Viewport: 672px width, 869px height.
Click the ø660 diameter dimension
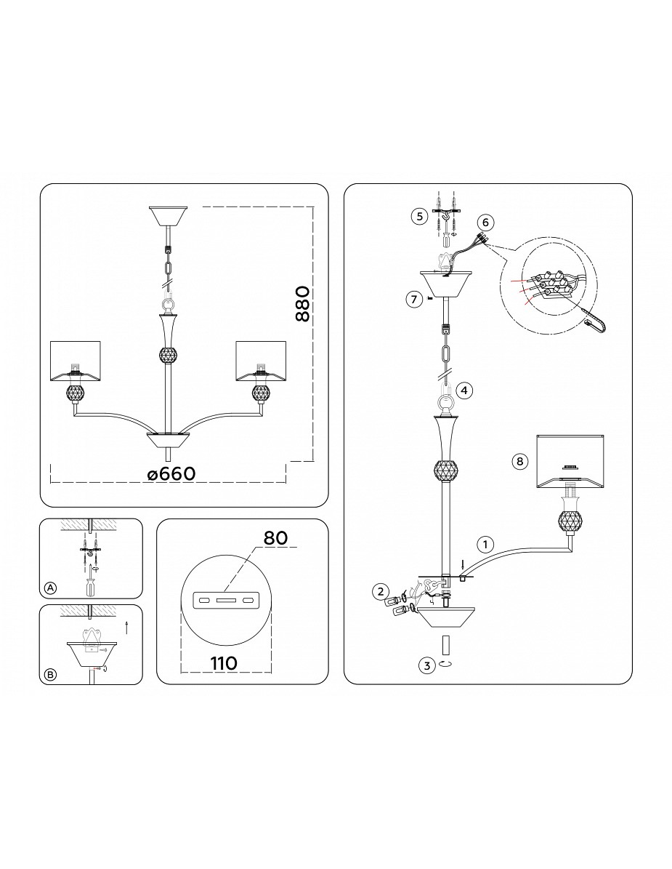point(171,474)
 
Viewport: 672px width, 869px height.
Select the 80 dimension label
point(275,537)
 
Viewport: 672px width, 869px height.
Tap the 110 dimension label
point(224,662)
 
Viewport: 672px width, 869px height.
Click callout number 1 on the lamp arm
point(485,545)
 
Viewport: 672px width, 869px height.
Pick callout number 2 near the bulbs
point(380,591)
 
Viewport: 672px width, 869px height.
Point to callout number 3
point(426,665)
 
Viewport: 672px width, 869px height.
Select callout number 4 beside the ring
point(464,391)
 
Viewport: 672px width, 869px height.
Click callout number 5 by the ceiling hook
point(420,216)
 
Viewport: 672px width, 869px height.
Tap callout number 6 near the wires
point(485,223)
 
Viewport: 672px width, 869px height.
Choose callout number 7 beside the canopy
point(413,300)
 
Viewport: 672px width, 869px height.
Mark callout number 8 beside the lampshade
point(519,461)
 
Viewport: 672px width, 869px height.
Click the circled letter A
point(50,588)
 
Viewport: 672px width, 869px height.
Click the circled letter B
point(50,674)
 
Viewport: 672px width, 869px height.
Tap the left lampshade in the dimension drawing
point(76,361)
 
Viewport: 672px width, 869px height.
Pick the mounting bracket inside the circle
point(224,600)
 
